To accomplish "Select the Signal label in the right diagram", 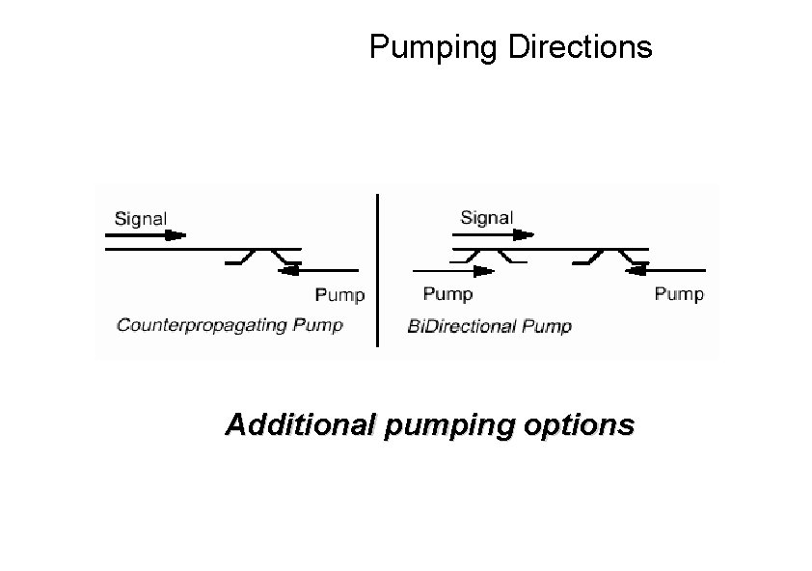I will [x=487, y=218].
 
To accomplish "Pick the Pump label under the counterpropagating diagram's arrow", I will [x=340, y=294].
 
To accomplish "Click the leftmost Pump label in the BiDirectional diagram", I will [x=448, y=293].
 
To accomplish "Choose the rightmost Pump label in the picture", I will [x=679, y=293].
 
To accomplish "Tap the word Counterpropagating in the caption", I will [x=202, y=325].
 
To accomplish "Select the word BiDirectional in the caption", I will [x=463, y=326].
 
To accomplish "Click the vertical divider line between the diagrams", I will [x=377, y=270].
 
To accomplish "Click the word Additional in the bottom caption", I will [x=298, y=424].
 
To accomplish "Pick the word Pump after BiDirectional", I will [x=547, y=326].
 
